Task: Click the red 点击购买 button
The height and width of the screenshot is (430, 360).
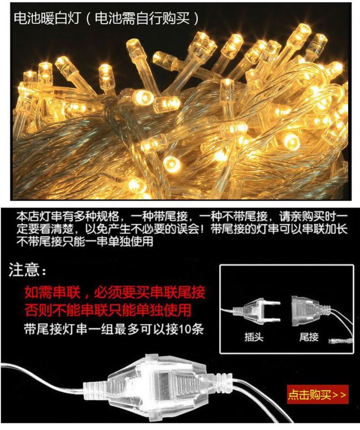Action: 318,395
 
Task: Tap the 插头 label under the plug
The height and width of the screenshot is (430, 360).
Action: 254,337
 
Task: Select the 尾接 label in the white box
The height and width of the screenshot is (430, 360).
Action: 309,337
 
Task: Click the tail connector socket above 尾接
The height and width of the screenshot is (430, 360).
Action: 311,311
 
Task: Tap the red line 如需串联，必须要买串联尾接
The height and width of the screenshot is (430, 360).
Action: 115,292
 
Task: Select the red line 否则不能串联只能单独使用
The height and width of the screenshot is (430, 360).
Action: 108,310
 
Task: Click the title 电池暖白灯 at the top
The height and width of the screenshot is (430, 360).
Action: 47,19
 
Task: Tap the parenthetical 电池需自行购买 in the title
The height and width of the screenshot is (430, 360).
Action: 142,19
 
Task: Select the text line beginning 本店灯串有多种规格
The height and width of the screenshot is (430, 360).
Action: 182,217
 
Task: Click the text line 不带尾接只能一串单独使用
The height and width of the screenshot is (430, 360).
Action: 85,241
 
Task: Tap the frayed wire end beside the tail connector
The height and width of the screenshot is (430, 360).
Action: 340,341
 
